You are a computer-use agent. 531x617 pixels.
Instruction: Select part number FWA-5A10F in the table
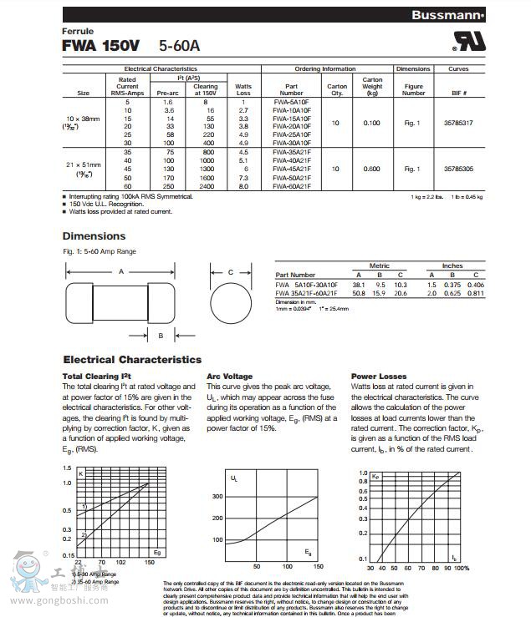(292, 101)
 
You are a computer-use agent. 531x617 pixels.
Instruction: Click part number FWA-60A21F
(293, 186)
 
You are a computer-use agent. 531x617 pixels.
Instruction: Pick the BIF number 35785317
(459, 123)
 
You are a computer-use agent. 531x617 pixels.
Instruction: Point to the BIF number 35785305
(459, 169)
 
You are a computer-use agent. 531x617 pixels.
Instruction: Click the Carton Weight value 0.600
(371, 169)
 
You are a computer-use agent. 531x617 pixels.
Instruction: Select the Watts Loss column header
(243, 89)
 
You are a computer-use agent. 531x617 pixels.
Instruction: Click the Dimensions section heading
(94, 236)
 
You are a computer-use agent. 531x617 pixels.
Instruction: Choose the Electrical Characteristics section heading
(132, 360)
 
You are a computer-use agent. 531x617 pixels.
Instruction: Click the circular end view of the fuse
(231, 301)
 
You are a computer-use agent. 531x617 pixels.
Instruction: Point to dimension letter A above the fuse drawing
(121, 271)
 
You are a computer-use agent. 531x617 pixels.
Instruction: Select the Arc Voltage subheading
(229, 377)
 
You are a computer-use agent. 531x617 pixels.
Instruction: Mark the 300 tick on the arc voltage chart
(217, 496)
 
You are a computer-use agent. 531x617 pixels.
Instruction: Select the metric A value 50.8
(359, 293)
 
